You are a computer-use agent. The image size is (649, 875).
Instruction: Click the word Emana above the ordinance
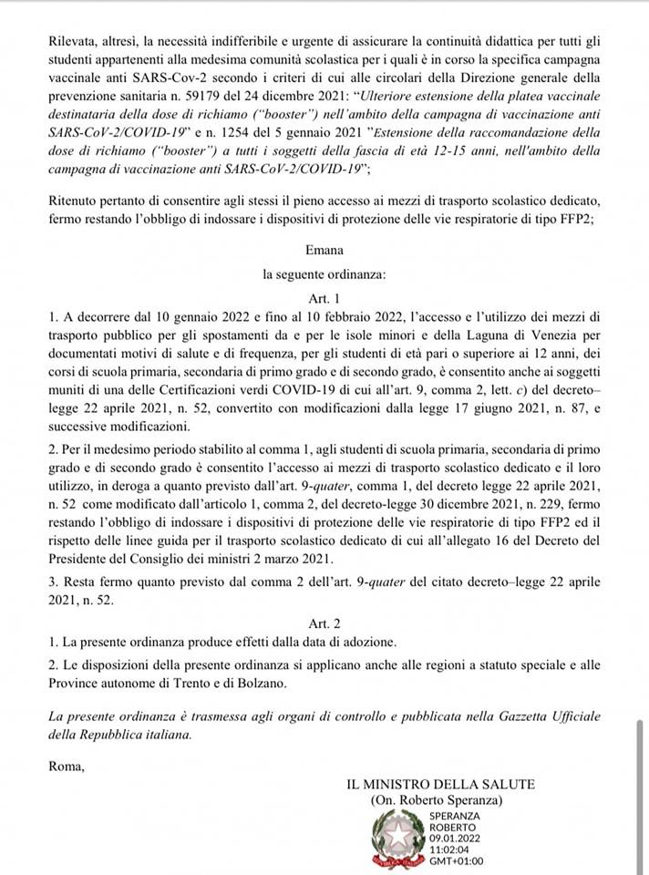[324, 248]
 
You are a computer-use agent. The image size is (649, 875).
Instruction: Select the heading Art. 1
[324, 298]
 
